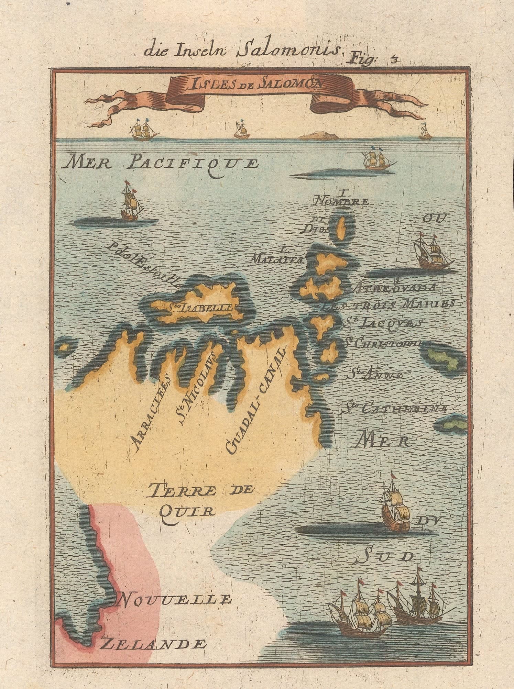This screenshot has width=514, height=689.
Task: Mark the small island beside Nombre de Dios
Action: [340, 228]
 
